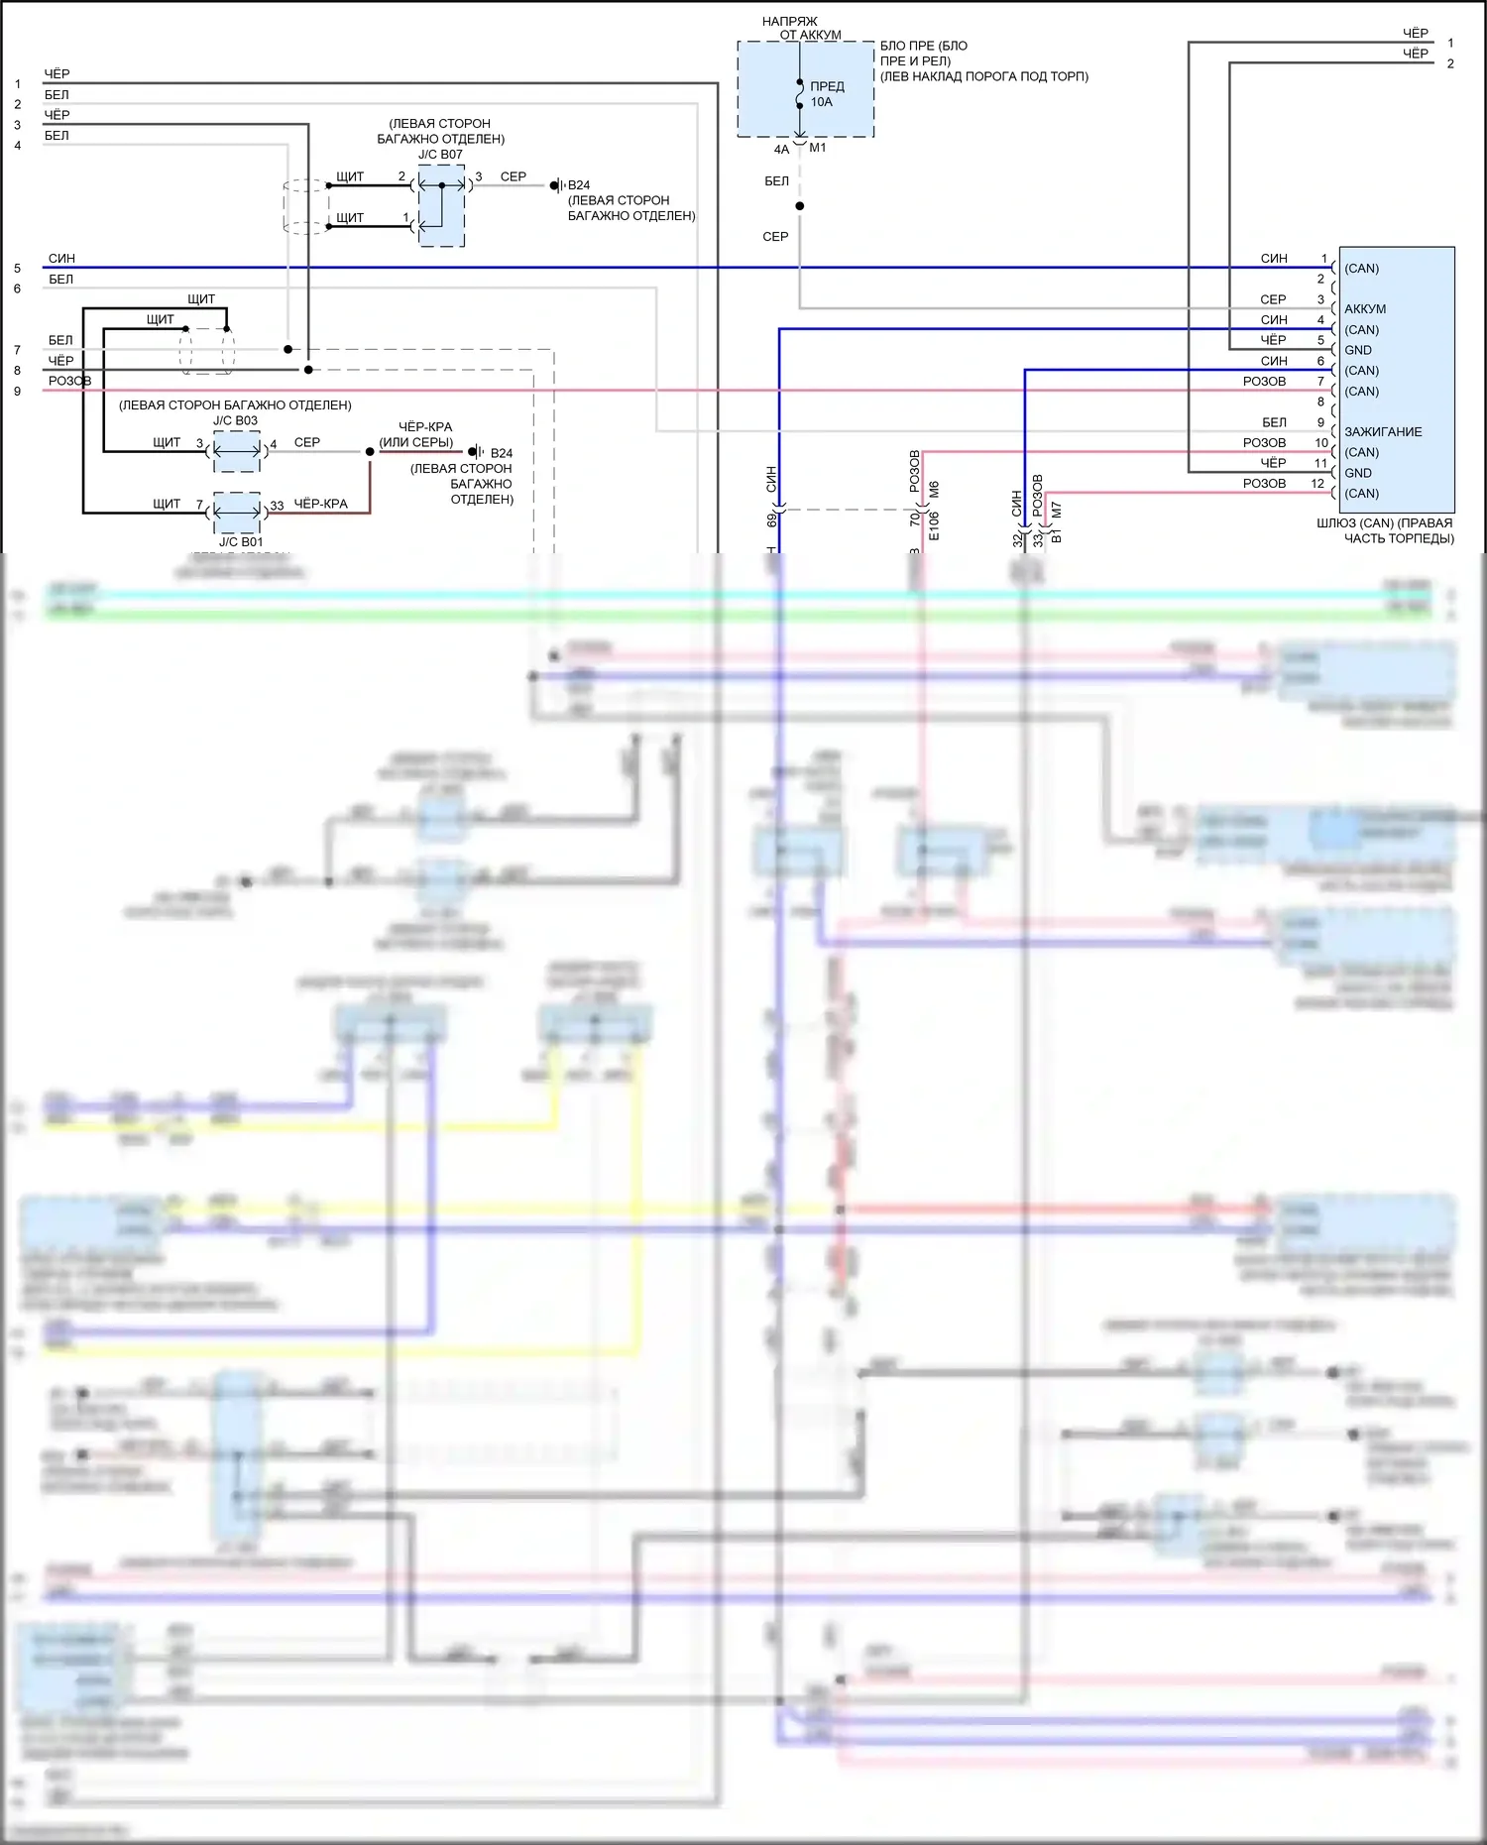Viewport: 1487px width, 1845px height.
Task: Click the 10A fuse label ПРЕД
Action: (827, 86)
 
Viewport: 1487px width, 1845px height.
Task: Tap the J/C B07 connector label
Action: (440, 155)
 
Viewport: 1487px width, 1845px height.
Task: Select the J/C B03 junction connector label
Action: (235, 420)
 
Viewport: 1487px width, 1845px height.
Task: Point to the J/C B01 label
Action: (241, 542)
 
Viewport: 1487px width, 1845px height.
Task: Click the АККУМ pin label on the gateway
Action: (1365, 309)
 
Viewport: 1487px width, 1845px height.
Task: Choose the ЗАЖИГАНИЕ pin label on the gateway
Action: (1383, 432)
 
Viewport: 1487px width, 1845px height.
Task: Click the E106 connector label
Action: (934, 526)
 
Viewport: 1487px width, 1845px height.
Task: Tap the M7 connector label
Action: (1057, 510)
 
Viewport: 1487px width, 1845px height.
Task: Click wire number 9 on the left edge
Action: (17, 392)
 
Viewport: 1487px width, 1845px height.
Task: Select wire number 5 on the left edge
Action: (17, 269)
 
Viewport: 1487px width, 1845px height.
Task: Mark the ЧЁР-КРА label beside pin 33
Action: (320, 504)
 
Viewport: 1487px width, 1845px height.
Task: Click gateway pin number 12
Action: (1317, 484)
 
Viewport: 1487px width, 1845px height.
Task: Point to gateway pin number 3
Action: (1320, 299)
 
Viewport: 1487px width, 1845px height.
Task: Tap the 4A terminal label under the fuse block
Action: (781, 150)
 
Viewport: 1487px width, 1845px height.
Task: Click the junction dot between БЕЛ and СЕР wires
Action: (800, 206)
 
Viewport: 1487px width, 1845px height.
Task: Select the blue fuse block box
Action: (805, 89)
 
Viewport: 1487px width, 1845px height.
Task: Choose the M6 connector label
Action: (934, 490)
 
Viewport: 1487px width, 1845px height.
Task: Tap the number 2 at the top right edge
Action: (1450, 63)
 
